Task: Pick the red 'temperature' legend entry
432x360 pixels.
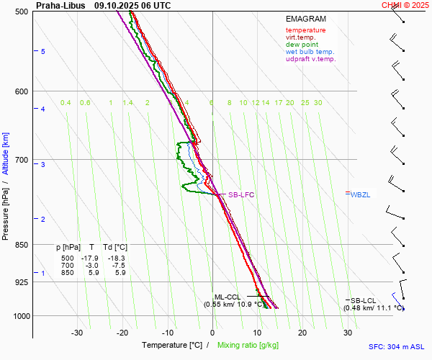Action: click(x=305, y=30)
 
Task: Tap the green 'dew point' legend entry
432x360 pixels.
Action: click(x=302, y=45)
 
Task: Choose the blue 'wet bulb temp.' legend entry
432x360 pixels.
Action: click(x=310, y=52)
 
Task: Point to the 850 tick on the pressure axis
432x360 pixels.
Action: click(x=21, y=245)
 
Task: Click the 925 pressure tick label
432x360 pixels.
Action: click(x=21, y=282)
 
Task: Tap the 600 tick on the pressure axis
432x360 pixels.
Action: click(x=21, y=91)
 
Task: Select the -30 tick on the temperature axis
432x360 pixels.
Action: click(x=77, y=333)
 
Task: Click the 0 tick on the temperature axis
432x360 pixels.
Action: click(x=212, y=333)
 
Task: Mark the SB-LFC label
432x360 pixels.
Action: click(x=241, y=195)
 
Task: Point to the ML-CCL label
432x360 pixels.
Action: click(x=228, y=297)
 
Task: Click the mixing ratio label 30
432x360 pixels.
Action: click(x=318, y=103)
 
